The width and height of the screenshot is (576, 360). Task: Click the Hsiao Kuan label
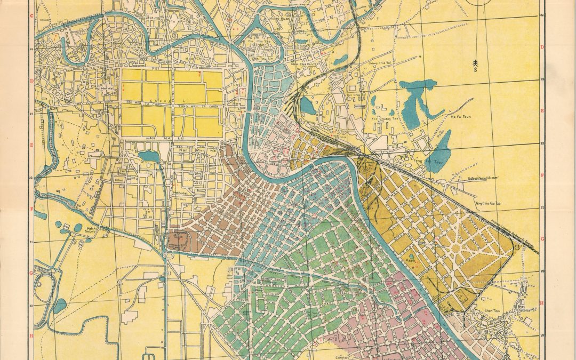pyautogui.click(x=264, y=18)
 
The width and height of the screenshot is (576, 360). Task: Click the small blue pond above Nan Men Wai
pyautogui.click(x=149, y=156)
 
